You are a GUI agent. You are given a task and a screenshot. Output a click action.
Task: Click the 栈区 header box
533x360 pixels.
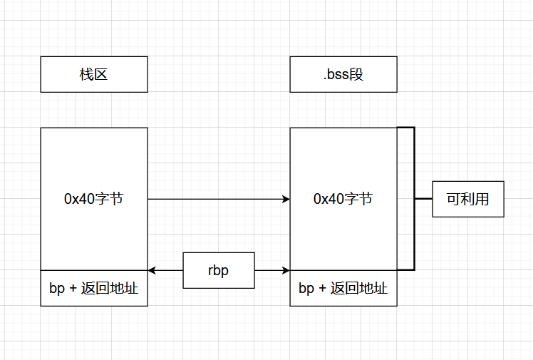point(94,74)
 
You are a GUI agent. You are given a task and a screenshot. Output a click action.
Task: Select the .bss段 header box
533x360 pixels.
point(343,74)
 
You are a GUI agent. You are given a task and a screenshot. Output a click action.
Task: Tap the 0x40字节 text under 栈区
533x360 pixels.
point(94,199)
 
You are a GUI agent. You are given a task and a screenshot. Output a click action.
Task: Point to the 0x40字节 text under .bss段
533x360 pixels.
point(343,199)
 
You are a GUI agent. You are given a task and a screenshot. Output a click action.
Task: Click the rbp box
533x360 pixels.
point(219,270)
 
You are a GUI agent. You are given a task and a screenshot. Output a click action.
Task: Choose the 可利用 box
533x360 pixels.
point(468,199)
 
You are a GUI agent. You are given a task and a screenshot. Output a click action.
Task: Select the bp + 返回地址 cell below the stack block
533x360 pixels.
point(94,288)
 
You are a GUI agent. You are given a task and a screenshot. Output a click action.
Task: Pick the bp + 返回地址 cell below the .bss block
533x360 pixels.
point(343,288)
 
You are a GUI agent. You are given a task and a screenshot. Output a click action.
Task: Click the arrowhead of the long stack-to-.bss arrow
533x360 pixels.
point(286,199)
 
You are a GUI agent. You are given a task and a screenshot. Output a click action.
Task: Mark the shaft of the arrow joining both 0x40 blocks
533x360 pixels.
point(214,199)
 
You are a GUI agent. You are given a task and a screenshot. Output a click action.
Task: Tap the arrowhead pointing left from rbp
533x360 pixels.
point(152,270)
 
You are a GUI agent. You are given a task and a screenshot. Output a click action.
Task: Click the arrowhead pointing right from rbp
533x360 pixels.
point(286,270)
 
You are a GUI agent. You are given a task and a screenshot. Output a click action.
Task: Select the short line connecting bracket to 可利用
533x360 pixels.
point(423,199)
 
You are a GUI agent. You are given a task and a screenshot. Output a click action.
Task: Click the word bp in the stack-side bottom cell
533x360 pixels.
point(56,288)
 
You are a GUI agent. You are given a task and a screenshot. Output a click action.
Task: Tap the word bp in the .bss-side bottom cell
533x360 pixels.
point(306,288)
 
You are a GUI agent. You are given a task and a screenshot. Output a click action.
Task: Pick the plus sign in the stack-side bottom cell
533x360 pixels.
point(72,288)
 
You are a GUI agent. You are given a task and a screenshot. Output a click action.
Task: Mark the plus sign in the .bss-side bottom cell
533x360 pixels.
point(321,288)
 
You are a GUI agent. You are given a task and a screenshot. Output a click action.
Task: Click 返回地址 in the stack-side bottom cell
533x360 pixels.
point(110,288)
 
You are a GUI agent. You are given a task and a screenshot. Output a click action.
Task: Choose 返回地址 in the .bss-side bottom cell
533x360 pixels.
point(359,288)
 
